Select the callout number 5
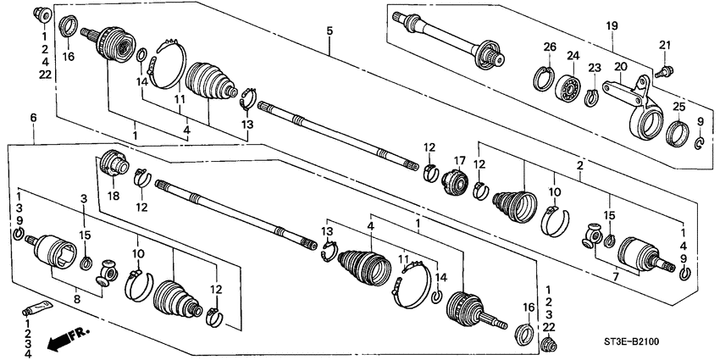pyautogui.click(x=329, y=31)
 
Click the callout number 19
pyautogui.click(x=611, y=26)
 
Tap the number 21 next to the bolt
pyautogui.click(x=665, y=45)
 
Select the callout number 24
pyautogui.click(x=572, y=56)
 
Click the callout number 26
pyautogui.click(x=548, y=47)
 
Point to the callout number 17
pyautogui.click(x=461, y=159)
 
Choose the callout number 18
pyautogui.click(x=108, y=197)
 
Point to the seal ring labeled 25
pyautogui.click(x=678, y=134)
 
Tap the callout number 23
pyautogui.click(x=594, y=68)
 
